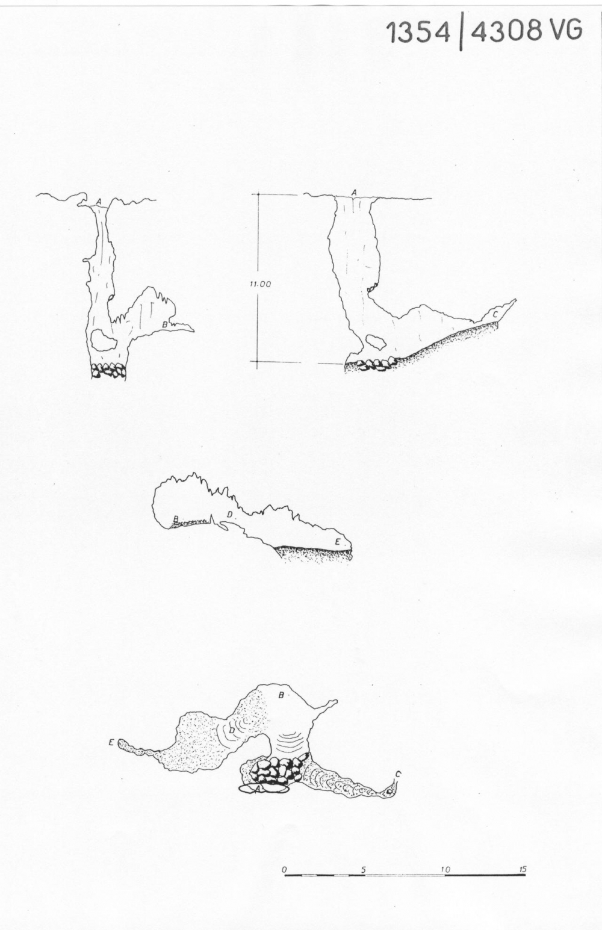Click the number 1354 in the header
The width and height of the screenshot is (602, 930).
pyautogui.click(x=418, y=33)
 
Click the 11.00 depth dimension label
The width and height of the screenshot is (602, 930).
pyautogui.click(x=260, y=284)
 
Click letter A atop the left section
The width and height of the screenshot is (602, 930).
pyautogui.click(x=99, y=201)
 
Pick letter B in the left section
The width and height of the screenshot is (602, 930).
pyautogui.click(x=165, y=324)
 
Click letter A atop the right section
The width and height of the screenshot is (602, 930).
pyautogui.click(x=354, y=192)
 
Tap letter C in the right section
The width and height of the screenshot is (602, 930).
pyautogui.click(x=495, y=314)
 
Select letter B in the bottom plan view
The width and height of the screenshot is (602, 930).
pyautogui.click(x=281, y=695)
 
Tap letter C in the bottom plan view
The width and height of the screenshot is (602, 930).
pyautogui.click(x=398, y=774)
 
